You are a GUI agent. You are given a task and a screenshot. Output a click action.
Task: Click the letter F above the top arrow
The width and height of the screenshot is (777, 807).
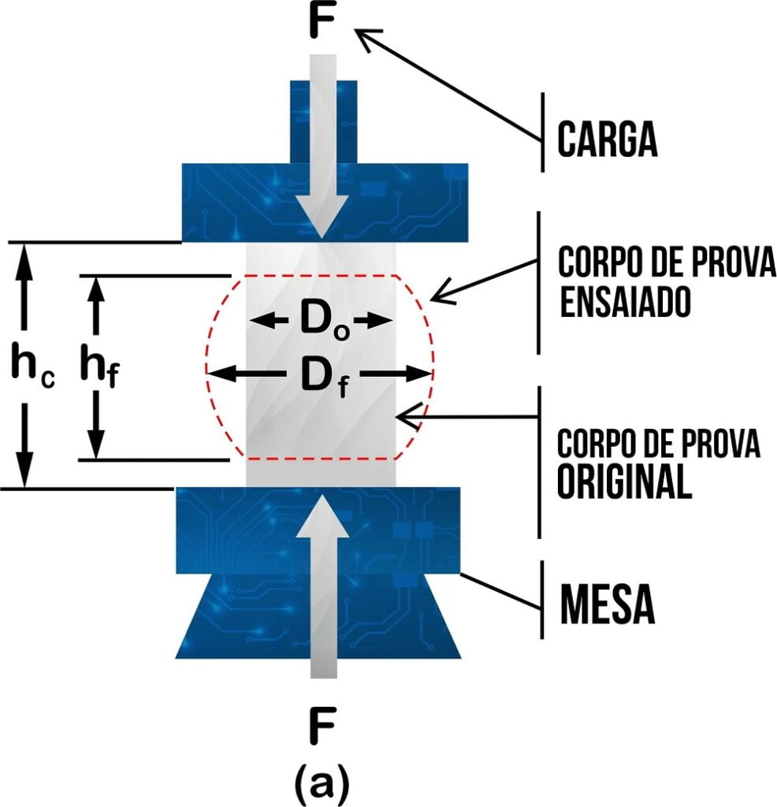pyautogui.click(x=321, y=24)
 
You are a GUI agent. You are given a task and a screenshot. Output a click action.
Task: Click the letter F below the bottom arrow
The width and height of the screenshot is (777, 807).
pyautogui.click(x=322, y=729)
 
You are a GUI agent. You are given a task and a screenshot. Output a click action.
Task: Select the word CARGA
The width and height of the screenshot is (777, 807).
pyautogui.click(x=607, y=139)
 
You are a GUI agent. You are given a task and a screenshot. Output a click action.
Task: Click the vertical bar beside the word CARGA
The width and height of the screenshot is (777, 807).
pyautogui.click(x=542, y=132)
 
